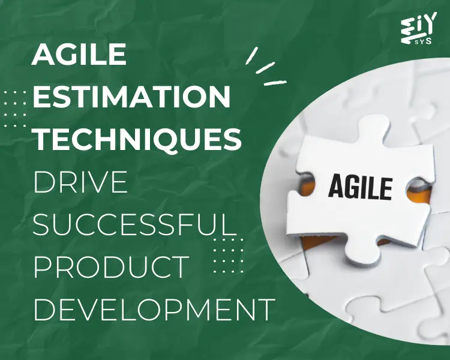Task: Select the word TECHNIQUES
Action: coord(137,137)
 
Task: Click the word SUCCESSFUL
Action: coord(131,224)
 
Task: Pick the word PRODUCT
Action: coord(111,266)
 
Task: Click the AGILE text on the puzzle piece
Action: coord(360,185)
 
